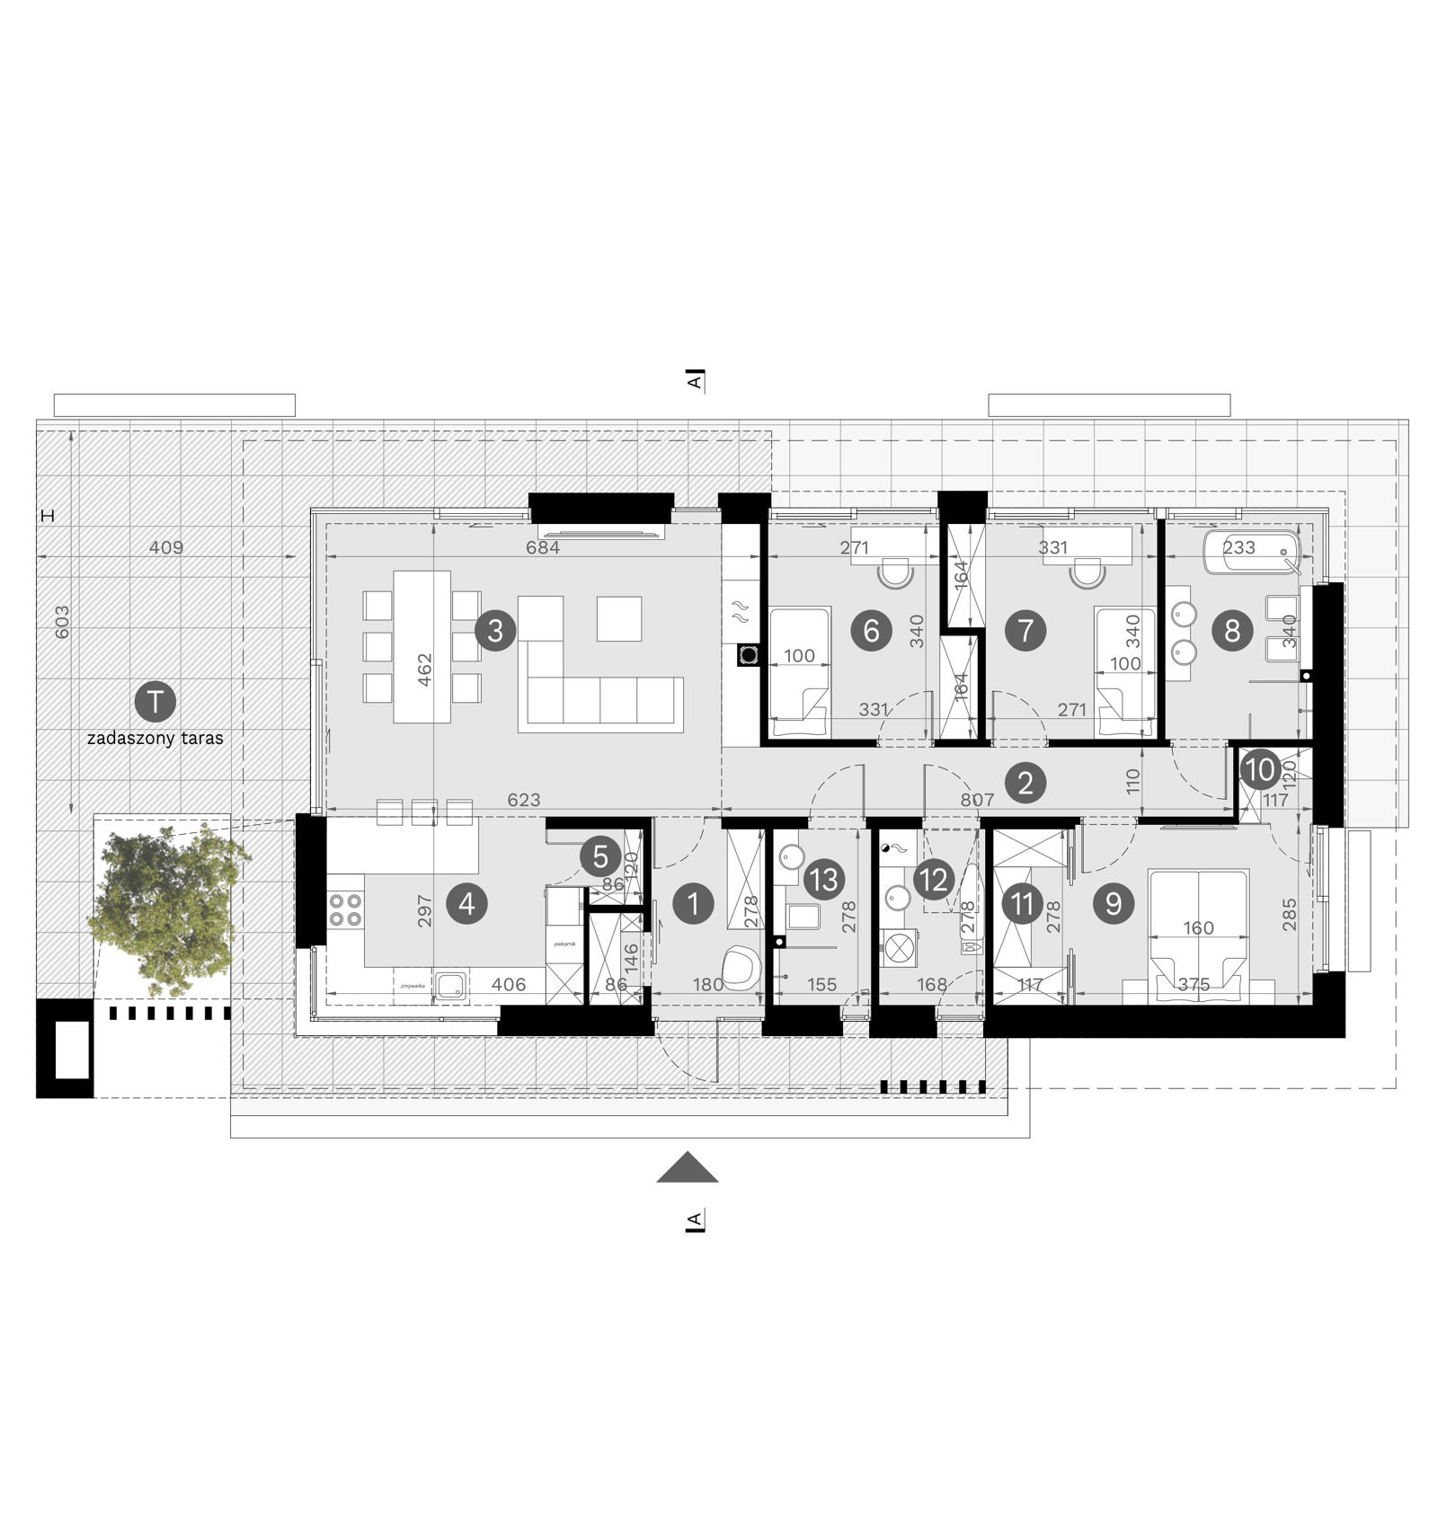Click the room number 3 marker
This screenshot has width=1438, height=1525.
[495, 631]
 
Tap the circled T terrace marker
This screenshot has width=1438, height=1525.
[155, 701]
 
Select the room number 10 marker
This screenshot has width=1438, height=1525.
[1260, 769]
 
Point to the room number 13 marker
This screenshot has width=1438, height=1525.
[824, 880]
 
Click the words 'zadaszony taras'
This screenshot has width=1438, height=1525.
[155, 739]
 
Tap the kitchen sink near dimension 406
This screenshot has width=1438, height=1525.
[450, 985]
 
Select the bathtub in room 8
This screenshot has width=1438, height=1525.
[1250, 549]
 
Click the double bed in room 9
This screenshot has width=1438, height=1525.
[1198, 935]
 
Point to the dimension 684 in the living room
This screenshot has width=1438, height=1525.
[543, 547]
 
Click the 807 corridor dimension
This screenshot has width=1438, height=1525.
[977, 800]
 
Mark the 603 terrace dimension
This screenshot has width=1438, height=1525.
[62, 622]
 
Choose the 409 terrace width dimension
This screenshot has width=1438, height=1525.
[166, 547]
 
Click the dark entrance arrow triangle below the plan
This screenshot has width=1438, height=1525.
[688, 1167]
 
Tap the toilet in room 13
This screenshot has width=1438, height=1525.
[803, 918]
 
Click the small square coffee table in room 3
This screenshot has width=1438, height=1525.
[619, 618]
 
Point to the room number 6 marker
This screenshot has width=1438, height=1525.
[871, 631]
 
